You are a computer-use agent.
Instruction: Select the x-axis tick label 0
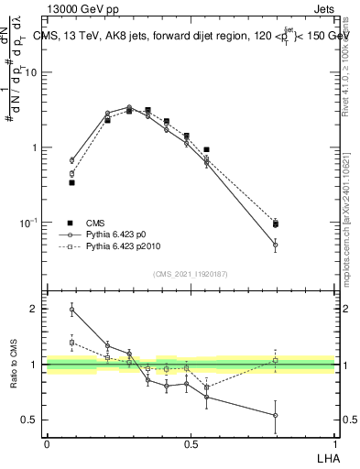(47, 444)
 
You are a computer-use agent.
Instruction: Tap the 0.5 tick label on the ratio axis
(32, 420)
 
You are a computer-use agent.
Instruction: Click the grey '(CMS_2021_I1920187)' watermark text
(191, 274)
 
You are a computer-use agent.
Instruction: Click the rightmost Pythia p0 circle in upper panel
(276, 245)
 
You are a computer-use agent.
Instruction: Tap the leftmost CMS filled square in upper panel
(71, 182)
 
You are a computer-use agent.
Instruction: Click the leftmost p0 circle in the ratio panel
(71, 310)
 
